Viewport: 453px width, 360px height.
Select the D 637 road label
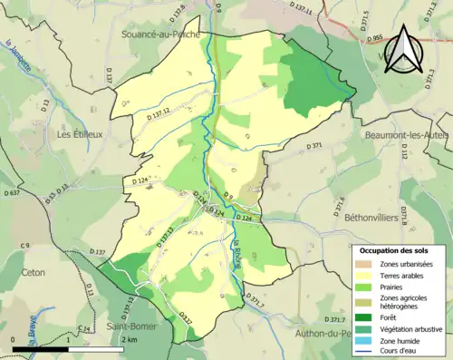coord(11,193)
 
